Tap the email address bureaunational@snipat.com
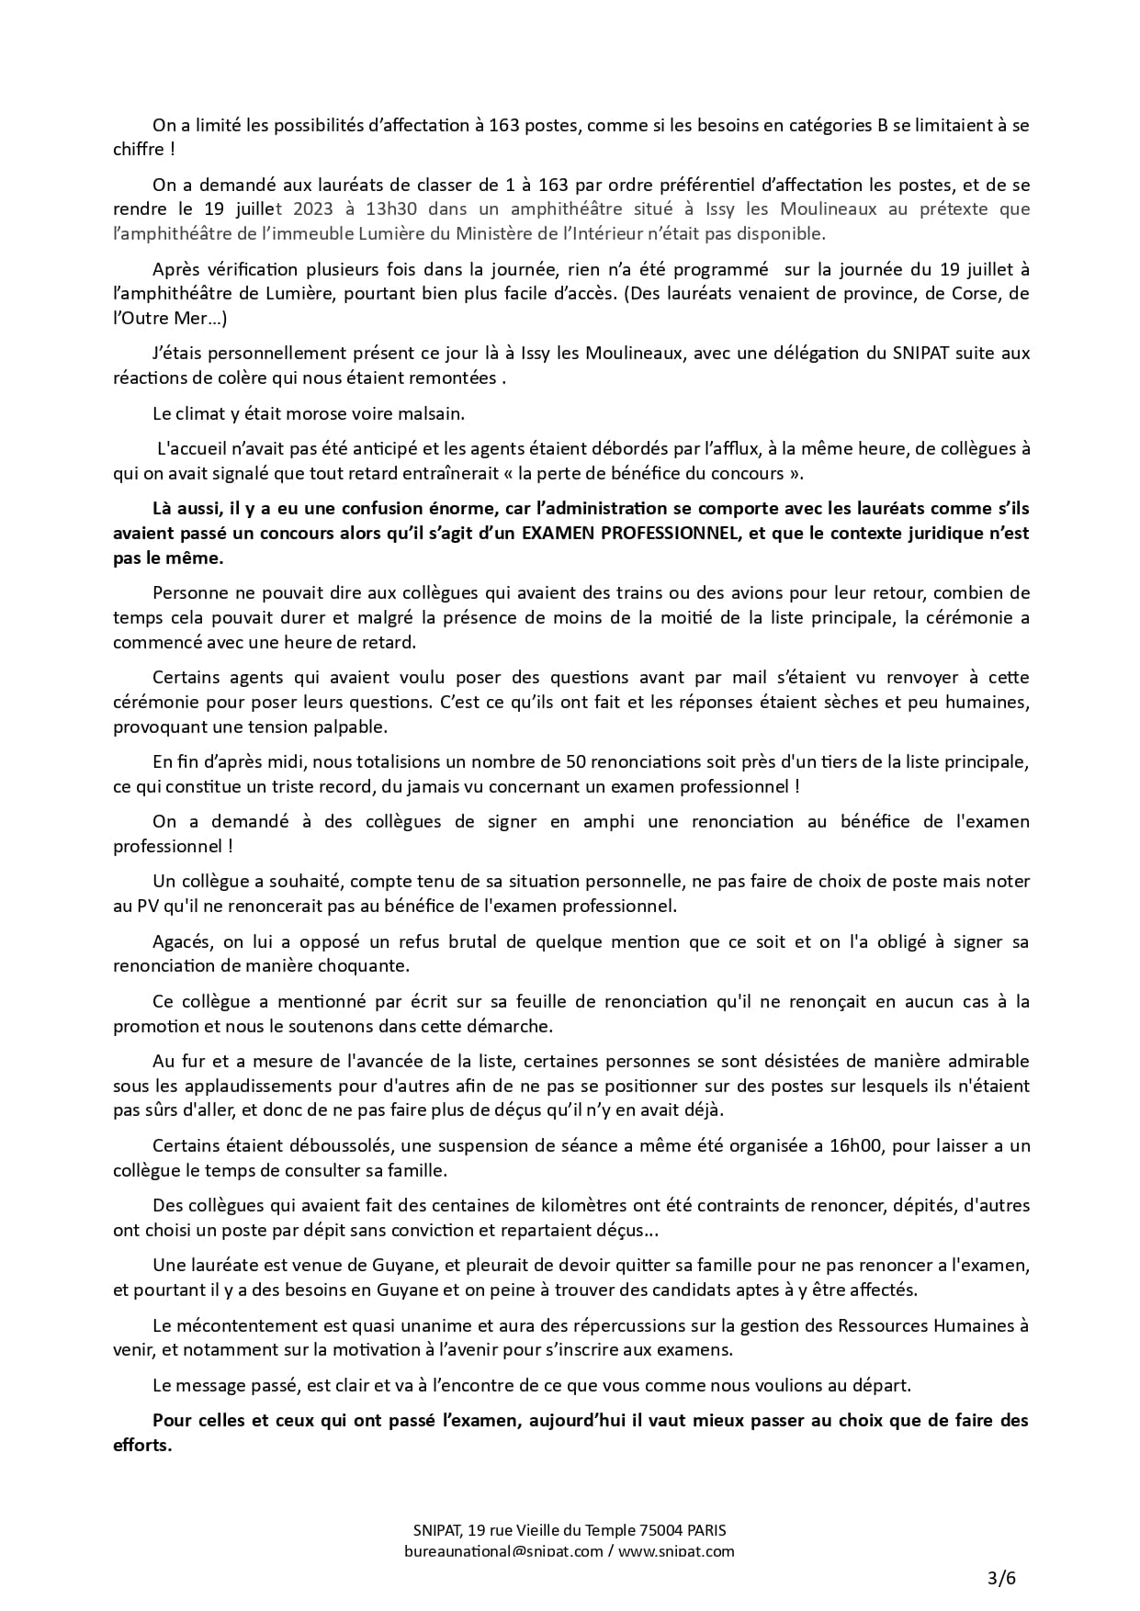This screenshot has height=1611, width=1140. (x=503, y=1551)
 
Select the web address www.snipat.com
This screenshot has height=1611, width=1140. (x=676, y=1551)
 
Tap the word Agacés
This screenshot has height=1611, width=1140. (x=181, y=941)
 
